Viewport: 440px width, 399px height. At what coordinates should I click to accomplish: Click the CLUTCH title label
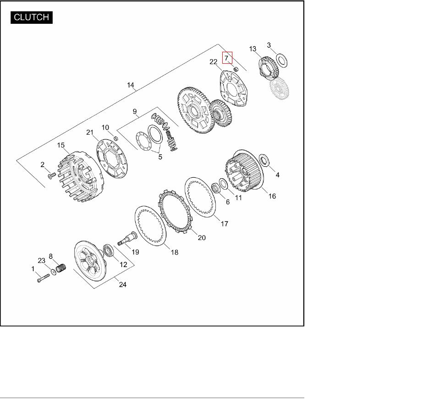click(32, 17)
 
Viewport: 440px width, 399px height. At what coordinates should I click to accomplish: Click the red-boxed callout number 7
click(226, 58)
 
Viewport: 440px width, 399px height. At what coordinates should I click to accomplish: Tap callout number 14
click(131, 85)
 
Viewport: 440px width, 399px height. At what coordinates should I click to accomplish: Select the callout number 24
click(123, 284)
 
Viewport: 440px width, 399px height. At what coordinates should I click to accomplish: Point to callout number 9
click(135, 111)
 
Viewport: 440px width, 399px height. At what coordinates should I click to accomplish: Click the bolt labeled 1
click(43, 278)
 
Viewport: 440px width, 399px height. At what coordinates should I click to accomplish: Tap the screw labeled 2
click(52, 175)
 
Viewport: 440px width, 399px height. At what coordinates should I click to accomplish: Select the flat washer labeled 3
click(281, 60)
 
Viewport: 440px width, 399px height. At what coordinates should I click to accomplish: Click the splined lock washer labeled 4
click(264, 160)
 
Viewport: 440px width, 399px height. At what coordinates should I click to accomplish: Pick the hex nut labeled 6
click(216, 187)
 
